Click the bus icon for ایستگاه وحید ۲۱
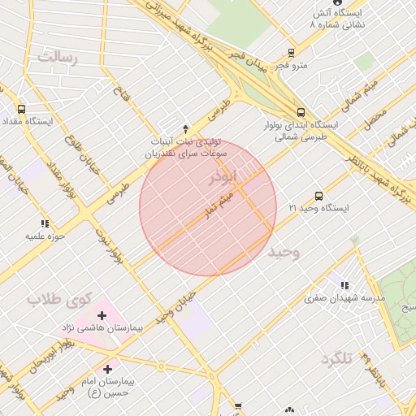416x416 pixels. pyautogui.click(x=318, y=196)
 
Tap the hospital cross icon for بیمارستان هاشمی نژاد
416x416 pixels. pyautogui.click(x=102, y=315)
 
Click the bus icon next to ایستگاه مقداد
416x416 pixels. pyautogui.click(x=20, y=109)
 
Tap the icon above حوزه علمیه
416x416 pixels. pyautogui.click(x=44, y=223)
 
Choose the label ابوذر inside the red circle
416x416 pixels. pyautogui.click(x=224, y=176)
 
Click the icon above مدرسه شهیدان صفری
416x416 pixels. pyautogui.click(x=345, y=285)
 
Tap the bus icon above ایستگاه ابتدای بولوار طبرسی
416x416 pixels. pyautogui.click(x=301, y=113)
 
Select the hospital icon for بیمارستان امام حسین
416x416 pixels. pyautogui.click(x=108, y=370)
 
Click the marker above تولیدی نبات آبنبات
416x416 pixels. pyautogui.click(x=185, y=128)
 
